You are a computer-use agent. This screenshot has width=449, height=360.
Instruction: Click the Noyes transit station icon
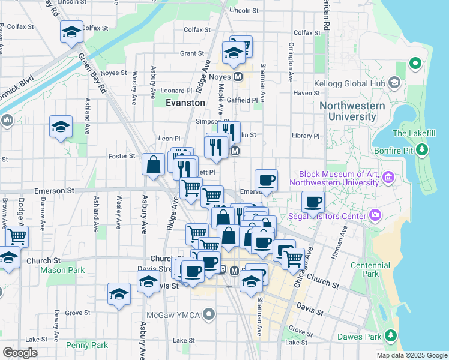[238, 77]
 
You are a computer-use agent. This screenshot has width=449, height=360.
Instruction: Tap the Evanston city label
[185, 103]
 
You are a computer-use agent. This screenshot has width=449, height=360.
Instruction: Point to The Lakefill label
[412, 133]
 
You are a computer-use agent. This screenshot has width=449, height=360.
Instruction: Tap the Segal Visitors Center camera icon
[376, 214]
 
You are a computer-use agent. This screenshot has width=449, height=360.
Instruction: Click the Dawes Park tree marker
[391, 334]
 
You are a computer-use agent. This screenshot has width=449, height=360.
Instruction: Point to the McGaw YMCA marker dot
[209, 314]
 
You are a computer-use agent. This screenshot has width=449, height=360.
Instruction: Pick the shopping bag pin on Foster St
[154, 164]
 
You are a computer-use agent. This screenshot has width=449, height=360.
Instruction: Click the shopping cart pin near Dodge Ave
[17, 236]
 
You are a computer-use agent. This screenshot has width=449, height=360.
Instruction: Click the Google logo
[20, 353]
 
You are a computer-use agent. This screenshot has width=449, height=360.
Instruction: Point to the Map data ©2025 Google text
[411, 355]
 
